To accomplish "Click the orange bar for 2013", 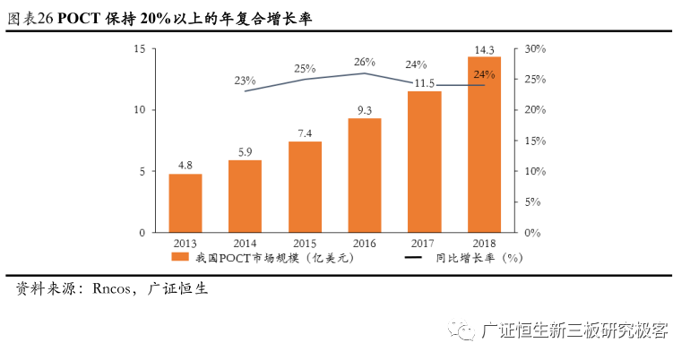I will (x=185, y=203).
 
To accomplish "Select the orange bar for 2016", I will (x=365, y=176).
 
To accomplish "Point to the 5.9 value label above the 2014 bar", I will (x=245, y=151).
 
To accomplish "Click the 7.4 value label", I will (x=305, y=133).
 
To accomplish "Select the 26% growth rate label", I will (x=365, y=62).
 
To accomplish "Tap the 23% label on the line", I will (x=245, y=81).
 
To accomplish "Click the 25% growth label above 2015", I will (x=305, y=68).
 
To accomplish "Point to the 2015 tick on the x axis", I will (x=305, y=243).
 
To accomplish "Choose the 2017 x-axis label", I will (x=424, y=243).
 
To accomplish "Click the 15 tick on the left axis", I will (x=138, y=48).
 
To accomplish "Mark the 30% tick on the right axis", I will (x=534, y=48).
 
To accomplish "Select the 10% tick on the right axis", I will (x=534, y=171).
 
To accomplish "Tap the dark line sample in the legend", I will (x=414, y=258).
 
